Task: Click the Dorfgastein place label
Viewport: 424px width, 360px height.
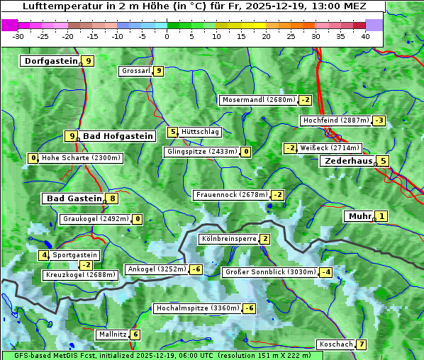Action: coord(50,61)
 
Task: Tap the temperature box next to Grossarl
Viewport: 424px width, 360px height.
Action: coord(159,71)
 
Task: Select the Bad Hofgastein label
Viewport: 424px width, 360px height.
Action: coord(118,136)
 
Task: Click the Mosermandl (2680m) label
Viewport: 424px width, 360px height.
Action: coord(258,100)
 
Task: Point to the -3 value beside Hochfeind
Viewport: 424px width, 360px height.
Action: coord(379,120)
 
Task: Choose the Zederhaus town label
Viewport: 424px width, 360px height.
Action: coord(347,162)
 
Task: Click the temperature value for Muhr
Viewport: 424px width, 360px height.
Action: coord(382,217)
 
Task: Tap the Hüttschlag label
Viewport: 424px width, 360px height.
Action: coord(201,132)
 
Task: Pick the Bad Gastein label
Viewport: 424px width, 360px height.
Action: coord(74,198)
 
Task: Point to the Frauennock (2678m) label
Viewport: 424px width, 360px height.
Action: coord(231,195)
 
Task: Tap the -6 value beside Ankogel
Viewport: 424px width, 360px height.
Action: coord(196,269)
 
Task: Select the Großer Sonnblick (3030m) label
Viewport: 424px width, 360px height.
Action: coord(269,272)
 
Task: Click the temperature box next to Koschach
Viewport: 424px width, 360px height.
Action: coord(362,344)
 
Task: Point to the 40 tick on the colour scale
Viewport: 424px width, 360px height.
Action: coord(365,36)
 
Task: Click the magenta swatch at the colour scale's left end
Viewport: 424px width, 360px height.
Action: coord(9,24)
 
